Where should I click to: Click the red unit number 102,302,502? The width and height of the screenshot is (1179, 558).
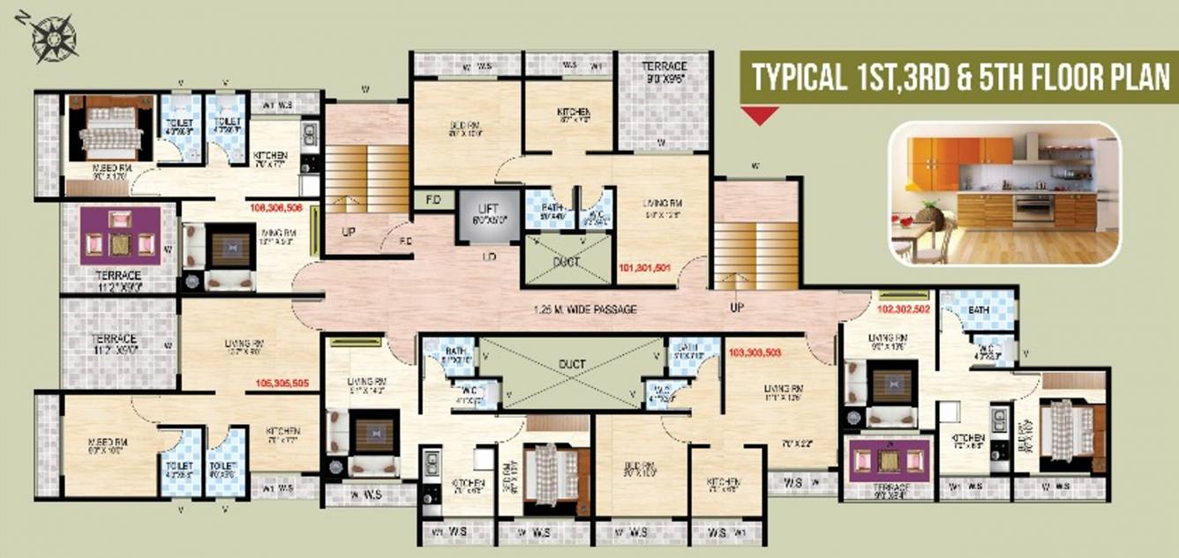pos(904,310)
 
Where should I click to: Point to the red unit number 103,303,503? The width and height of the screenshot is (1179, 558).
pos(755,353)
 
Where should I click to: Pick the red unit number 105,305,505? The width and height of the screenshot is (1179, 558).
pos(282,383)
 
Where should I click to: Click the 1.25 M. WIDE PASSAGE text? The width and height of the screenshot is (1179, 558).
pos(585,309)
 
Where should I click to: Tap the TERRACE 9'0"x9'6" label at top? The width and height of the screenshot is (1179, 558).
pos(664,72)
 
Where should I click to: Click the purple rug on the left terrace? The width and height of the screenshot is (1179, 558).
pos(121,235)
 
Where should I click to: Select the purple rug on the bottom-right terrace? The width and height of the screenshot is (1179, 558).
pos(890,461)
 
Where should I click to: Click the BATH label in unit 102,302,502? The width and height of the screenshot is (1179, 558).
pos(978,310)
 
